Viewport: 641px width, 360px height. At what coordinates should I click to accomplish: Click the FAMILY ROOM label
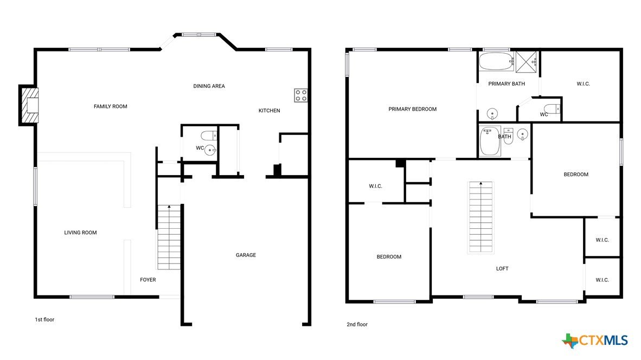pyautogui.click(x=111, y=106)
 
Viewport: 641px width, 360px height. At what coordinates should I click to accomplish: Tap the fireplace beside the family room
pyautogui.click(x=29, y=105)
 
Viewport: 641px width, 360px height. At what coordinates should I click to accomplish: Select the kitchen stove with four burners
pyautogui.click(x=301, y=95)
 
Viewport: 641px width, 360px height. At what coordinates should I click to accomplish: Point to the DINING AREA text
pyautogui.click(x=209, y=86)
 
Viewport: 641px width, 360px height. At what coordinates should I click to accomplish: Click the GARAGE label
pyautogui.click(x=246, y=255)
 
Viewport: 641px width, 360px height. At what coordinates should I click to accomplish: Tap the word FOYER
pyautogui.click(x=148, y=280)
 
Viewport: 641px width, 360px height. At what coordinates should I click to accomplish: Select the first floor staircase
pyautogui.click(x=169, y=237)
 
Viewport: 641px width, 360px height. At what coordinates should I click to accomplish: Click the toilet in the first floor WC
pyautogui.click(x=209, y=135)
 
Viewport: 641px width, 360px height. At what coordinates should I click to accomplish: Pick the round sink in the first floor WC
pyautogui.click(x=210, y=150)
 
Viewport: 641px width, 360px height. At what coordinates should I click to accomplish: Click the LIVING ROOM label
pyautogui.click(x=81, y=233)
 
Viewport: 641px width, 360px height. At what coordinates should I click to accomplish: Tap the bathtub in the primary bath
pyautogui.click(x=496, y=61)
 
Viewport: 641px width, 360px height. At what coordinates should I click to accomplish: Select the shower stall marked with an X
pyautogui.click(x=525, y=62)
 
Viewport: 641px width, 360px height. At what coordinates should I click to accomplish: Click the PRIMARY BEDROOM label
pyautogui.click(x=413, y=109)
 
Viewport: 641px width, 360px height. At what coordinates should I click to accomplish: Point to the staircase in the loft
pyautogui.click(x=480, y=217)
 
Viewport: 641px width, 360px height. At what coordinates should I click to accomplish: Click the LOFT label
pyautogui.click(x=502, y=268)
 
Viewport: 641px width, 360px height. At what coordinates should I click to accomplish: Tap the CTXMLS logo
pyautogui.click(x=595, y=340)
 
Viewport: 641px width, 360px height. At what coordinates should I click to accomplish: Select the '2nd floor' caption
pyautogui.click(x=357, y=324)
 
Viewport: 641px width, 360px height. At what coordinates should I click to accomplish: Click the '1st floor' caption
pyautogui.click(x=44, y=319)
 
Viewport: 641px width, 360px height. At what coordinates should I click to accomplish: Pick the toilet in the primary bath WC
pyautogui.click(x=552, y=108)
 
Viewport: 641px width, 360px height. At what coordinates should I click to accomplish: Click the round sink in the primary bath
pyautogui.click(x=492, y=114)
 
